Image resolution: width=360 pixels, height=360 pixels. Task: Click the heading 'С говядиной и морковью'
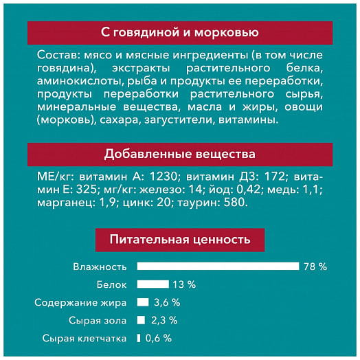(x=179, y=32)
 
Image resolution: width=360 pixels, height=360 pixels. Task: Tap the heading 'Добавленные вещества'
(x=179, y=153)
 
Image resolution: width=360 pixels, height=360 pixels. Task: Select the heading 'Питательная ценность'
(x=179, y=239)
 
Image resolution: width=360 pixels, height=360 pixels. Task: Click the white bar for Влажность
(x=218, y=266)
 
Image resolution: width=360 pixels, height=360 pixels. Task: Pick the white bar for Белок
(x=153, y=284)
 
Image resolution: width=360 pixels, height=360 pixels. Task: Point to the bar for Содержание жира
(x=143, y=302)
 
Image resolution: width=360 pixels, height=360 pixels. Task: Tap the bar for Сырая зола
(x=141, y=319)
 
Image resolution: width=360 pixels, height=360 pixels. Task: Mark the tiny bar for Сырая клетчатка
(x=139, y=337)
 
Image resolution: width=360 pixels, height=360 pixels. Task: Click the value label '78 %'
(x=315, y=266)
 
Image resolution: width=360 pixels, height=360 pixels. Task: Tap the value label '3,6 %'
(x=167, y=302)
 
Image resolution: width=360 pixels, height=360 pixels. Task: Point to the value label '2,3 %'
(x=164, y=319)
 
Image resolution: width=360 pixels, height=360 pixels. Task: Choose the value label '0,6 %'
(x=159, y=337)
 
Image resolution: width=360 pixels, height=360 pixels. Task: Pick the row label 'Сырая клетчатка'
(x=85, y=337)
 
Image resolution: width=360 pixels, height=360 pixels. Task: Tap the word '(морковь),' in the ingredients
(x=60, y=120)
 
